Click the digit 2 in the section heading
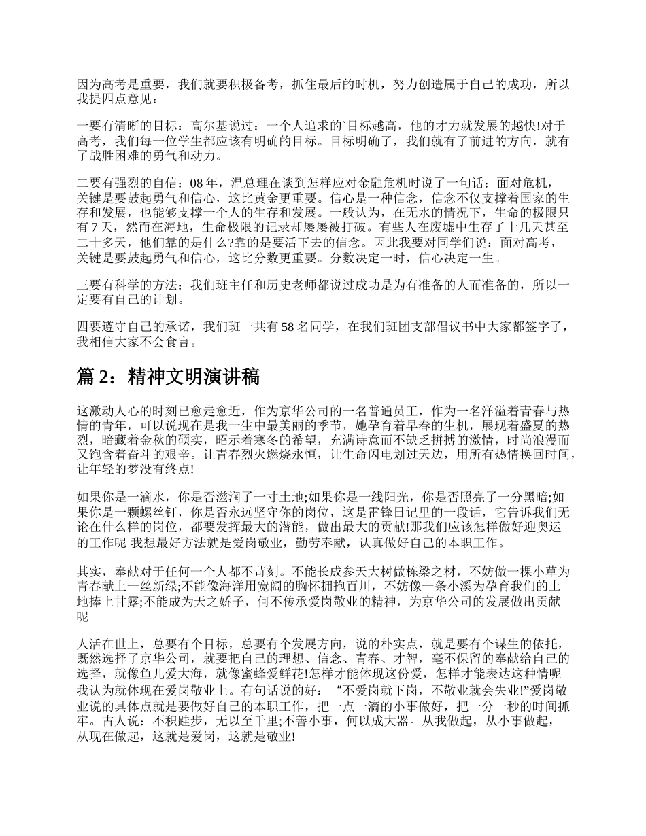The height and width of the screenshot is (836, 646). (109, 378)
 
